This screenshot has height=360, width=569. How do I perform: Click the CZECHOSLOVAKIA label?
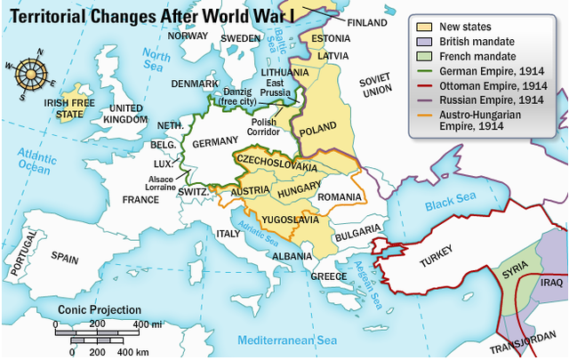pos(275,166)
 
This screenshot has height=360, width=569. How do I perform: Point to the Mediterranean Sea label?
pos(288,340)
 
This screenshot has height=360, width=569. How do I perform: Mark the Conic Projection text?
pos(100,310)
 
